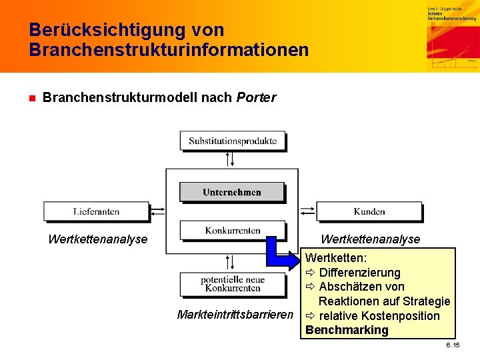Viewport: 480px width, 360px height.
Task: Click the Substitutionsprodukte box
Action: tap(232, 141)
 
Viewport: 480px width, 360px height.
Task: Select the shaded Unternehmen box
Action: tap(232, 192)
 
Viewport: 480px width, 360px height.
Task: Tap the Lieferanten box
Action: tap(96, 211)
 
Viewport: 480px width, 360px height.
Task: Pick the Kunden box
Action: tap(369, 211)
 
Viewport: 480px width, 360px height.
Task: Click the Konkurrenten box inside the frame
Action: tap(232, 231)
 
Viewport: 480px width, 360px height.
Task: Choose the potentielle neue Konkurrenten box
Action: tap(232, 283)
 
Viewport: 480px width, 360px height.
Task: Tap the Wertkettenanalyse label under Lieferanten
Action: tap(97, 239)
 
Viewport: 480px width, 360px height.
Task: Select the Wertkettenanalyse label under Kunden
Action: tap(370, 239)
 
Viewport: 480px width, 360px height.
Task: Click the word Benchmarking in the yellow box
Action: tap(347, 330)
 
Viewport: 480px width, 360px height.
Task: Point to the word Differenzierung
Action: tap(359, 272)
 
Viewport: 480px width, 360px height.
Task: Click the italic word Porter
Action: tap(256, 98)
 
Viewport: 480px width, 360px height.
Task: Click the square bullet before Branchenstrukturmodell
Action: tap(31, 99)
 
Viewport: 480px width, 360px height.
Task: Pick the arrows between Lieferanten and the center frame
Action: tap(157, 211)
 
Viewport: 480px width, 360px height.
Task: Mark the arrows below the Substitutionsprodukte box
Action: tap(229, 159)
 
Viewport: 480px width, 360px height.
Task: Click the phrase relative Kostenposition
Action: tap(379, 316)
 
